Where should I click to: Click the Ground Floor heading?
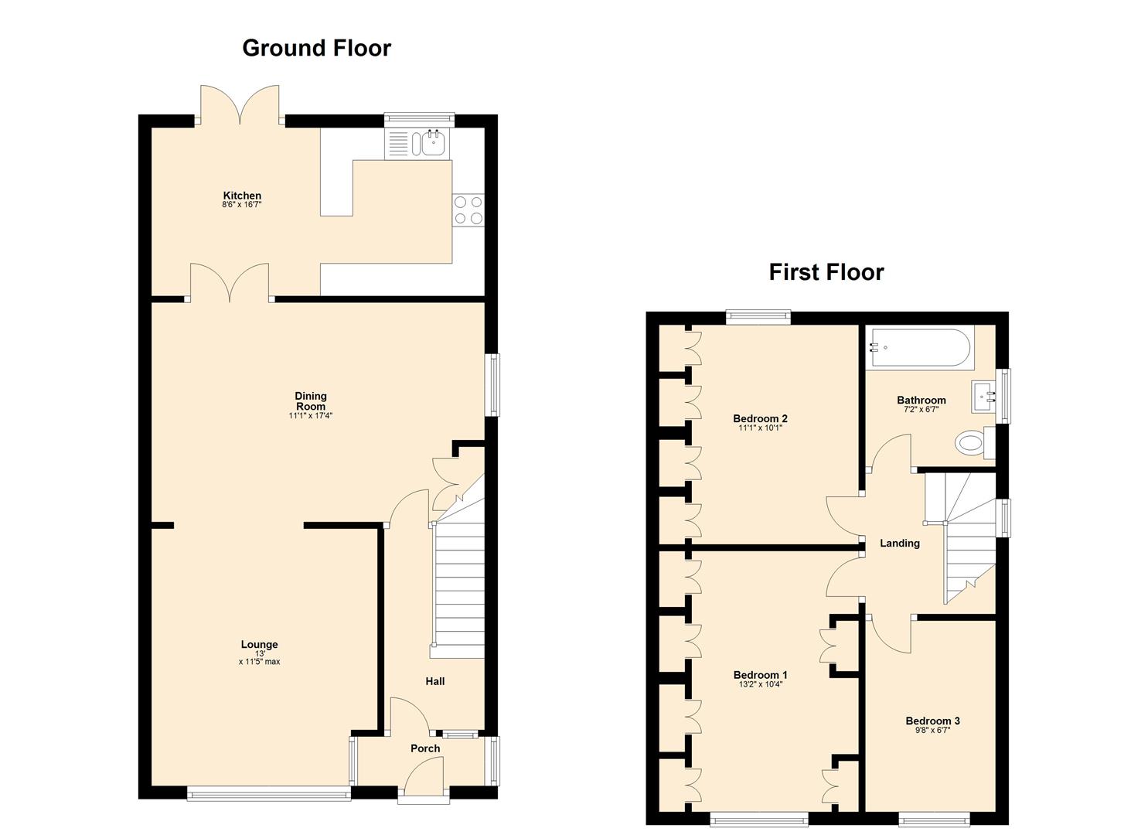[316, 48]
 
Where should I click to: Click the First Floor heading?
[826, 272]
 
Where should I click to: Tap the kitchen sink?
[431, 142]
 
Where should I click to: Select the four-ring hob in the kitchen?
[468, 210]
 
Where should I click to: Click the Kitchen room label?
[242, 196]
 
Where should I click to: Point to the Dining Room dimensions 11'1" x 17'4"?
[310, 416]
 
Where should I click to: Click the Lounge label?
[259, 644]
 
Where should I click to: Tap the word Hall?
[434, 681]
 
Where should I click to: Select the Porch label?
[425, 748]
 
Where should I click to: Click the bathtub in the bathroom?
[919, 348]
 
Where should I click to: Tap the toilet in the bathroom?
[972, 444]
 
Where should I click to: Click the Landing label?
[899, 544]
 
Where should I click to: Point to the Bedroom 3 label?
[932, 721]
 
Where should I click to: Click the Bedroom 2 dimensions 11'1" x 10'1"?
[760, 428]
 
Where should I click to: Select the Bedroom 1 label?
[760, 675]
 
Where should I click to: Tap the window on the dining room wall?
[492, 385]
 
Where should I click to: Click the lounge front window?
[268, 792]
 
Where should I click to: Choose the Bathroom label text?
[921, 400]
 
